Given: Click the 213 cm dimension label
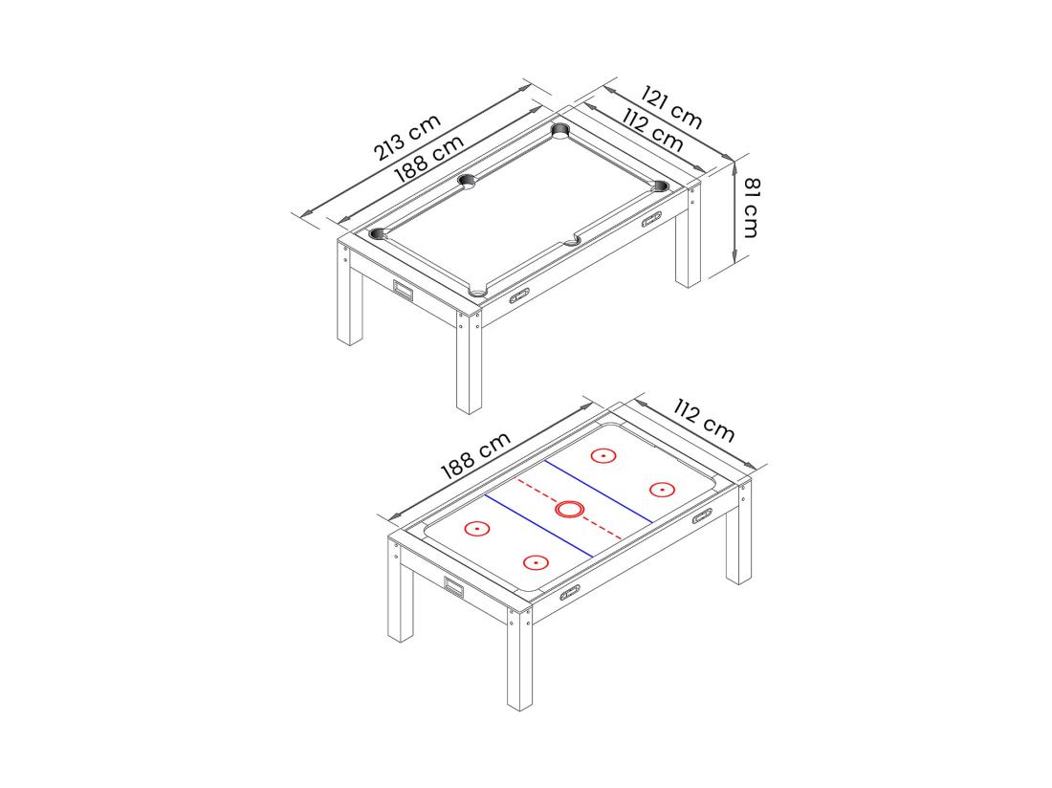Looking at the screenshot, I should [x=407, y=137].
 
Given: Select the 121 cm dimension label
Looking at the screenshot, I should [x=671, y=109].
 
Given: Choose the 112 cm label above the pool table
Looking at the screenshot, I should [x=652, y=130].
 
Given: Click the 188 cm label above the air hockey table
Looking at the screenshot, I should [x=475, y=455].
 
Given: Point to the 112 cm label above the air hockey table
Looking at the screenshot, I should [x=704, y=422].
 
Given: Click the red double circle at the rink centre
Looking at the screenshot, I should [x=569, y=509].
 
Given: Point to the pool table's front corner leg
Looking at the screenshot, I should [x=468, y=363].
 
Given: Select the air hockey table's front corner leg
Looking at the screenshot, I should [x=519, y=660].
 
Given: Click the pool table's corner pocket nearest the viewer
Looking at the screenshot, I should [x=477, y=290].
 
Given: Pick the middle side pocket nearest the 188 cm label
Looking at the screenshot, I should [x=467, y=180].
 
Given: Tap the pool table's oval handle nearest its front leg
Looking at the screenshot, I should [x=520, y=295].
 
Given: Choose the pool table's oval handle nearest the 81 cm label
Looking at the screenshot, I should [x=651, y=221].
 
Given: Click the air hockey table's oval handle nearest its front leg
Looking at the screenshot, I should [x=570, y=591].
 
